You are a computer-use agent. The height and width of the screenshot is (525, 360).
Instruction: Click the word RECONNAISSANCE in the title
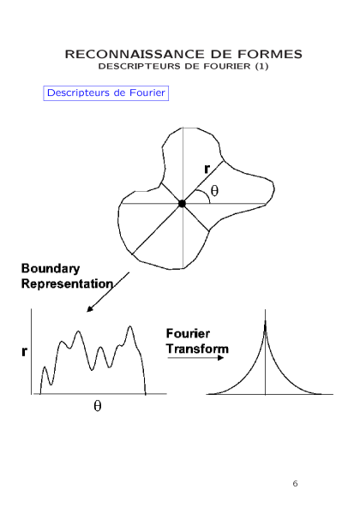[x=135, y=54]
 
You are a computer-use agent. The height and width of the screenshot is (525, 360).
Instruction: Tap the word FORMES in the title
[x=270, y=54]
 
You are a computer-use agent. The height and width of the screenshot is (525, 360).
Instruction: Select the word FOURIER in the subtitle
[x=226, y=66]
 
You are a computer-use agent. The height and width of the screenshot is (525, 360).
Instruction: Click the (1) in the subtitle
[x=261, y=66]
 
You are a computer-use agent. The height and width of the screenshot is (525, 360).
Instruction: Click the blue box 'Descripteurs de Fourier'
[x=106, y=93]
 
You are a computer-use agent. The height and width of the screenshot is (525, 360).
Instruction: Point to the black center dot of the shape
[x=182, y=204]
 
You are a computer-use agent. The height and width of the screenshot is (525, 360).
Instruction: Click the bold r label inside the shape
[x=207, y=169]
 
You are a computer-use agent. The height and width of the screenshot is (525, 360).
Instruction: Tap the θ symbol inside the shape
[x=214, y=190]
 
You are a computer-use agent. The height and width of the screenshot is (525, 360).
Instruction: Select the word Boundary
[x=51, y=269]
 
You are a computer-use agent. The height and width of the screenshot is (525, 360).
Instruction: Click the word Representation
[x=67, y=283]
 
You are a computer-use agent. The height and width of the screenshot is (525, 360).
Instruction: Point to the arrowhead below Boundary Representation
[x=89, y=309]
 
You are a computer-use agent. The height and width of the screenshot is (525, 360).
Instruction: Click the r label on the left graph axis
[x=24, y=351]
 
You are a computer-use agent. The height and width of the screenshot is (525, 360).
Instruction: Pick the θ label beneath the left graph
[x=98, y=406]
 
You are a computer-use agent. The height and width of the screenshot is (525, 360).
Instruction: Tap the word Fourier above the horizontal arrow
[x=188, y=333]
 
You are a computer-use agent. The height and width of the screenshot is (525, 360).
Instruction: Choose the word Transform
[x=197, y=349]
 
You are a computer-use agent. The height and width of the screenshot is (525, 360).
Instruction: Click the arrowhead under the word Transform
[x=220, y=358]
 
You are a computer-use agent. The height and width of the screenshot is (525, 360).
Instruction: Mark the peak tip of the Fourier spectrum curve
[x=266, y=321]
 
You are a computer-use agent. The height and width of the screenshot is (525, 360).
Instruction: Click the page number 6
[x=295, y=484]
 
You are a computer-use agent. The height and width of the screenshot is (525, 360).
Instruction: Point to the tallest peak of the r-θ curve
[x=130, y=326]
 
